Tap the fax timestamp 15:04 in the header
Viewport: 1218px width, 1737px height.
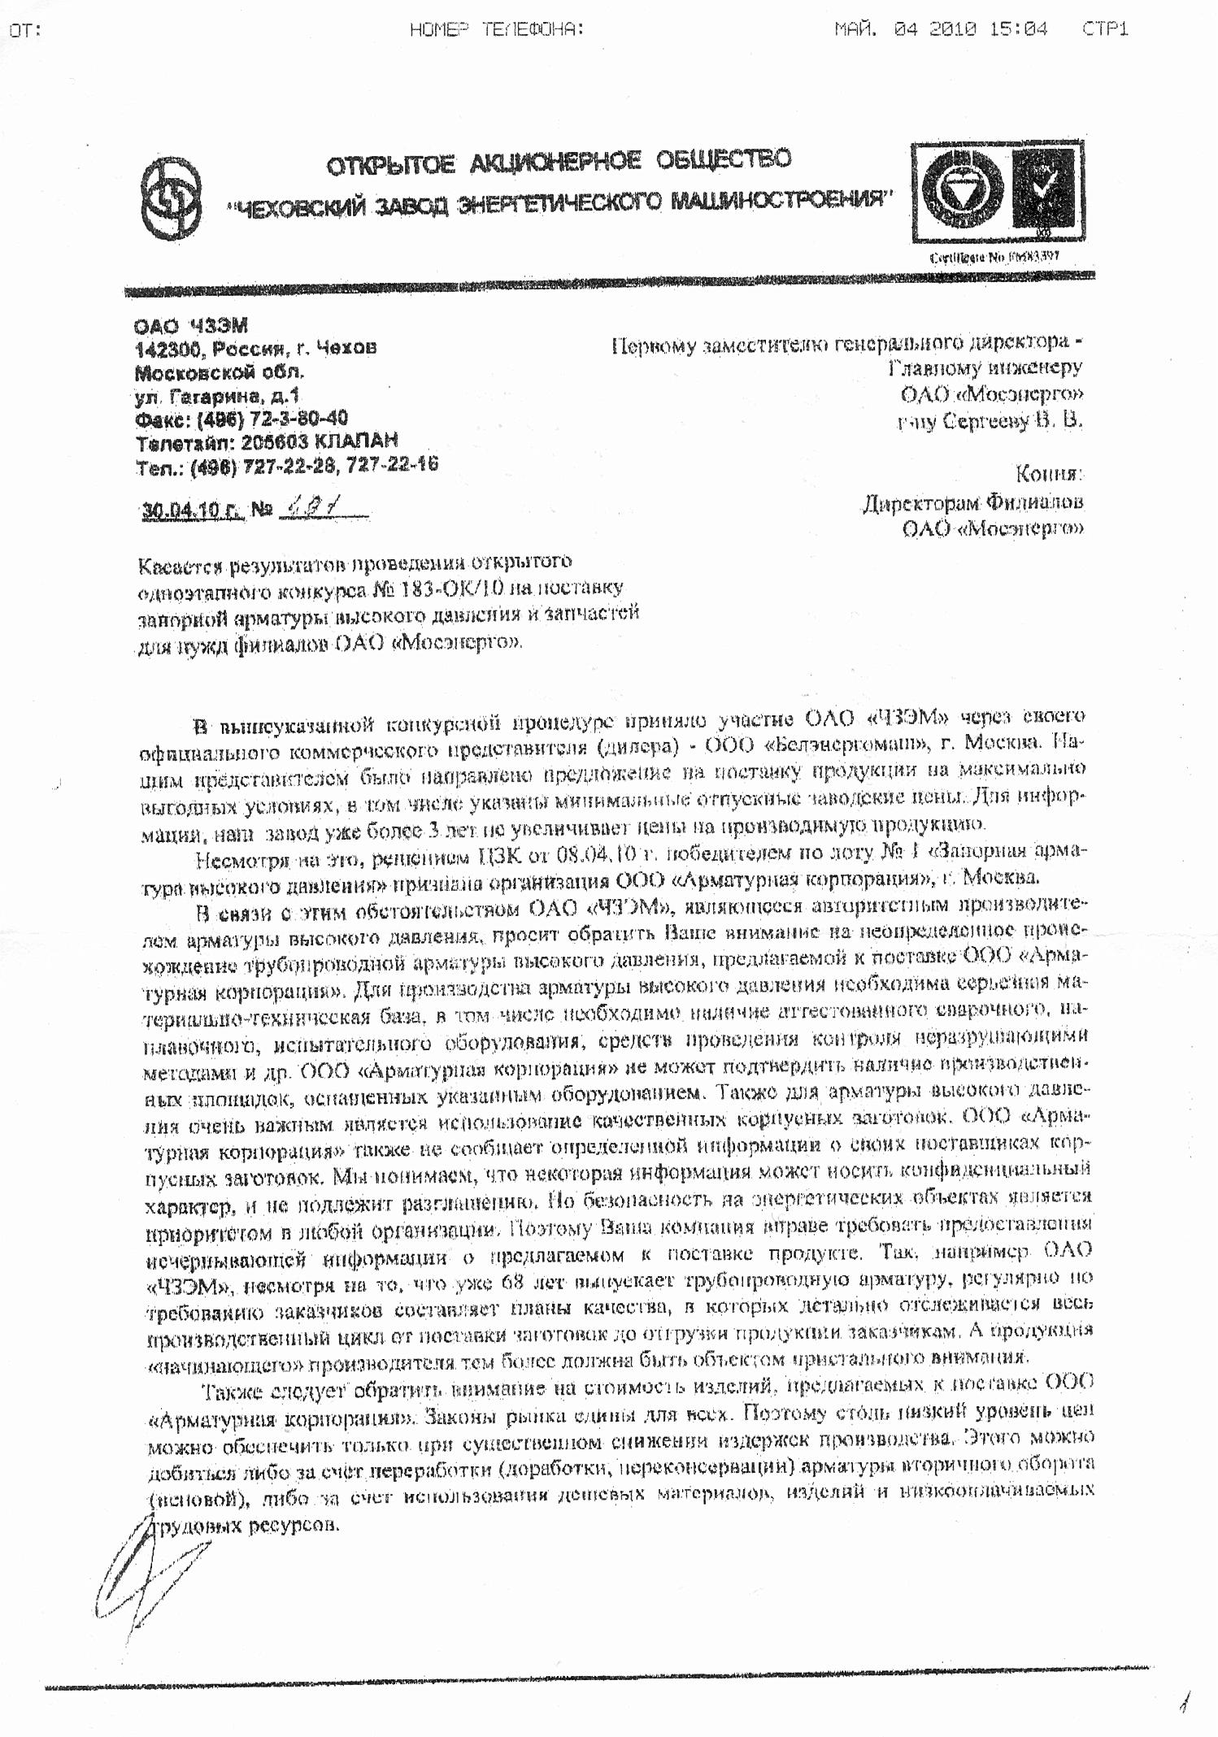click(1018, 30)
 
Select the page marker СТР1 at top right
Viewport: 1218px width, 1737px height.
click(1105, 30)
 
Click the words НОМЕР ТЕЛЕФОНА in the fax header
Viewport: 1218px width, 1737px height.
click(497, 30)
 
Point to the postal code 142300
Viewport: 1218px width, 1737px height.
click(163, 349)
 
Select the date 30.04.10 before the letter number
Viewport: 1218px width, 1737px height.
click(191, 510)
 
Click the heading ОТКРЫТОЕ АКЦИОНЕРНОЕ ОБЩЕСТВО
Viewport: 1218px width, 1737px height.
click(559, 163)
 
